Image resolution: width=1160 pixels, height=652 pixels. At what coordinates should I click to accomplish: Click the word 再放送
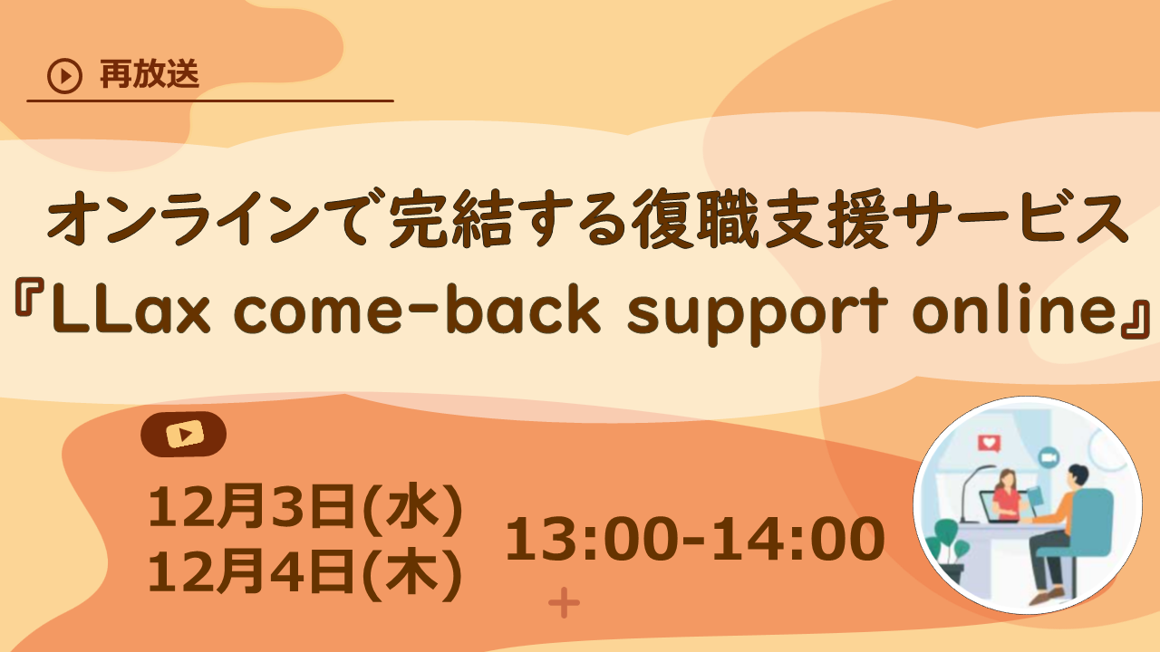tap(149, 75)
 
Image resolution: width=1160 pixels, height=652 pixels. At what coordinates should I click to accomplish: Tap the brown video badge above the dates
tap(184, 434)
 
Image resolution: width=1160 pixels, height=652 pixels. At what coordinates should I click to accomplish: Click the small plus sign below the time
tap(564, 603)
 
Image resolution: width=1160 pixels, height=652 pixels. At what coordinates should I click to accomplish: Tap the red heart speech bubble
tap(989, 444)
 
